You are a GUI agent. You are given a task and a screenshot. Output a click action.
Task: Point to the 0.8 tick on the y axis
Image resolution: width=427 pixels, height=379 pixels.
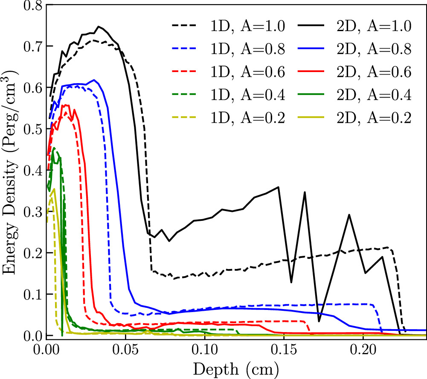point(32,5)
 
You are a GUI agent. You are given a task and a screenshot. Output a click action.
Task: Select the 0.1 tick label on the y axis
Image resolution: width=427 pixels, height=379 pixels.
point(32,295)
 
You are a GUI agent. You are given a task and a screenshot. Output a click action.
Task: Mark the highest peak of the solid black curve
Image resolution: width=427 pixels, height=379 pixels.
point(99,26)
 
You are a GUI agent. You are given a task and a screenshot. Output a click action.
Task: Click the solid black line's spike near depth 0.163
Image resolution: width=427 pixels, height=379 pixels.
point(305,192)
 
